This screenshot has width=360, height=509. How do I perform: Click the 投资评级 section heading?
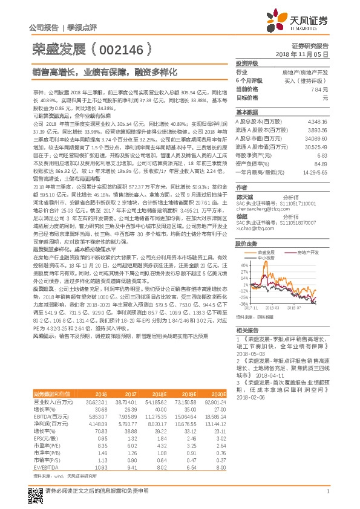point(247,63)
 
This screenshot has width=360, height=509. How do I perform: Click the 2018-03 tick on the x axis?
point(280,307)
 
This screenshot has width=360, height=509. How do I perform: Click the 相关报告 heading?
point(247,331)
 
